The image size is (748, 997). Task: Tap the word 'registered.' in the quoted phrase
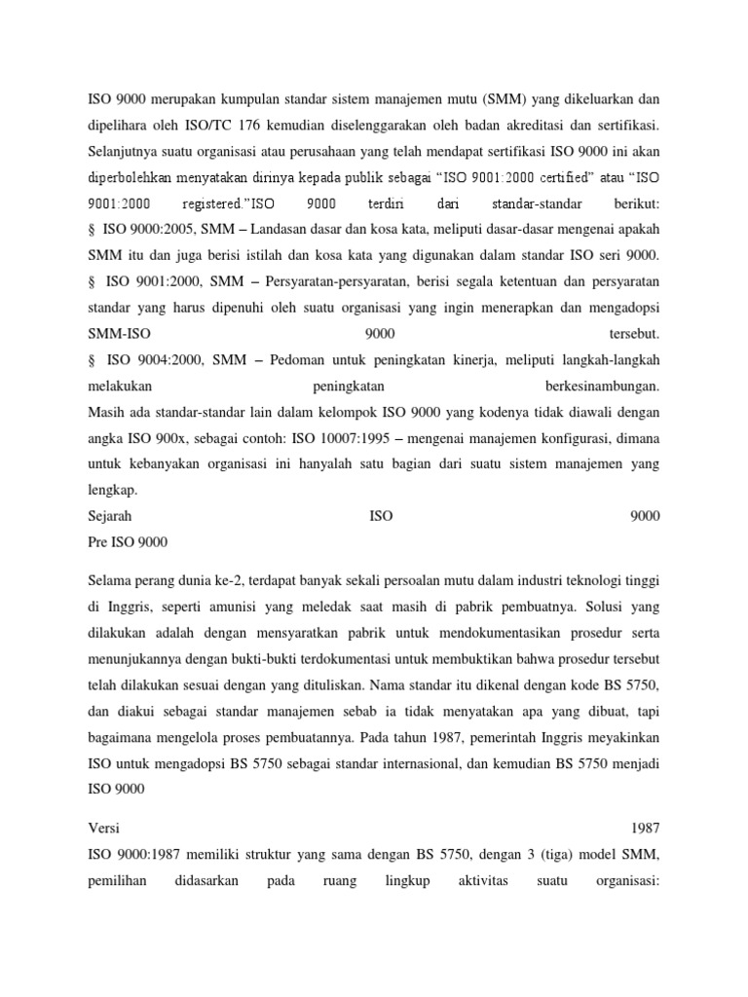click(x=215, y=205)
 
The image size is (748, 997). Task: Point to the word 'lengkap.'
click(x=114, y=490)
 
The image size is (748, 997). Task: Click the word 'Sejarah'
click(x=110, y=516)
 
